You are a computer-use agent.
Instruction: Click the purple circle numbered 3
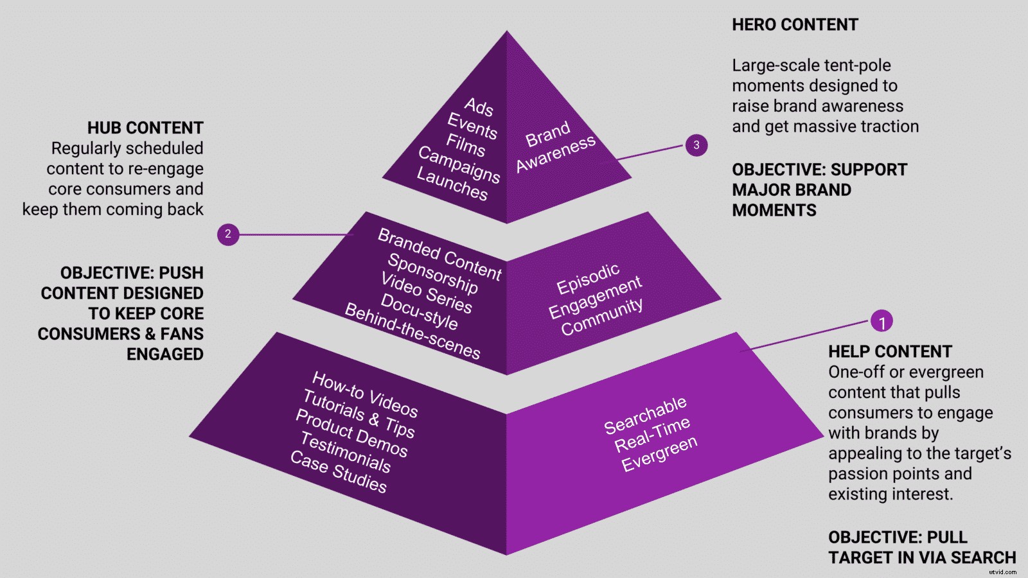[696, 145]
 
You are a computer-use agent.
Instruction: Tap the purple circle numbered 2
[228, 234]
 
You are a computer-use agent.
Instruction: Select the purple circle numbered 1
[882, 321]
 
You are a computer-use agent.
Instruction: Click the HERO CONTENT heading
[795, 25]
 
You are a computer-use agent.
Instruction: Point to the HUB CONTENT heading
[145, 128]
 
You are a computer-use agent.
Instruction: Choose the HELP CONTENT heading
[890, 352]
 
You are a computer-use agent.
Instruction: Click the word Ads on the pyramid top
[479, 107]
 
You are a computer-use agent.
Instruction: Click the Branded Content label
[439, 254]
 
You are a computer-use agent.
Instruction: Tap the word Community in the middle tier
[601, 317]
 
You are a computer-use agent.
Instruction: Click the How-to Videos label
[365, 394]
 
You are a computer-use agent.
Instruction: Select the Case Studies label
[338, 471]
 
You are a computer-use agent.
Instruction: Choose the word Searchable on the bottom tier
[645, 415]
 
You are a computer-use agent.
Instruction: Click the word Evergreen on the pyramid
[659, 453]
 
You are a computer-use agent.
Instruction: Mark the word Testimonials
[345, 452]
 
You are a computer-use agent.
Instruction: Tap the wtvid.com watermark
[1002, 571]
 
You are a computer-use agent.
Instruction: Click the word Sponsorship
[432, 273]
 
